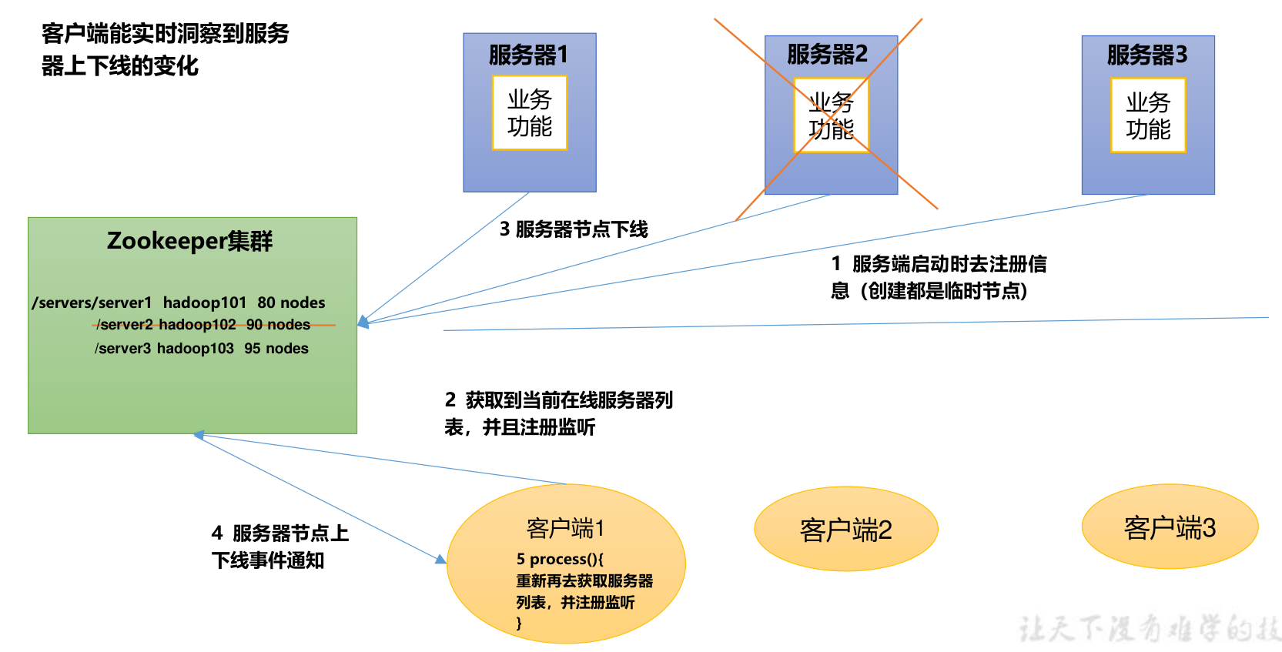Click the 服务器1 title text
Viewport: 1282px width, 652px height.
pos(528,55)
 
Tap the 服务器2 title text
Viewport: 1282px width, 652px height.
pos(827,54)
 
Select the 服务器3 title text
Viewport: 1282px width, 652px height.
pos(1147,55)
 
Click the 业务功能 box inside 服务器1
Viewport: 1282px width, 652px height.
pos(530,112)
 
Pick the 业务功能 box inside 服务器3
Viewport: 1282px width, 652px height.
pos(1148,115)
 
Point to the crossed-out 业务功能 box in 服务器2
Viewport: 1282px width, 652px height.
pos(831,115)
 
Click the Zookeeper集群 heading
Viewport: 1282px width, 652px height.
pos(190,241)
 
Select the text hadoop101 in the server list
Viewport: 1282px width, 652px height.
pos(205,303)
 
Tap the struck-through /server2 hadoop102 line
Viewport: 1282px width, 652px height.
pos(204,325)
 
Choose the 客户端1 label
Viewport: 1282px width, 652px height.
pos(565,528)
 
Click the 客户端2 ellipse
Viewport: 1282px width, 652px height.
pos(845,530)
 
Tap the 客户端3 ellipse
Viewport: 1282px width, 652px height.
pos(1170,527)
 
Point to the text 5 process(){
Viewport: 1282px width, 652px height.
pos(560,559)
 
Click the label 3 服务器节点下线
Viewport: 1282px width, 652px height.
pos(574,229)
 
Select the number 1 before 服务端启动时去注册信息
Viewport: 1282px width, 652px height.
pos(836,264)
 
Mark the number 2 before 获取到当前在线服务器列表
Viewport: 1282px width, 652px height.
pos(450,400)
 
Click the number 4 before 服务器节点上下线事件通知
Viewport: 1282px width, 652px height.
pos(217,533)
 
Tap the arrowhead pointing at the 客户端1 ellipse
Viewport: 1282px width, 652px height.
pos(441,560)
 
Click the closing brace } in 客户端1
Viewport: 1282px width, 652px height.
pos(519,623)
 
